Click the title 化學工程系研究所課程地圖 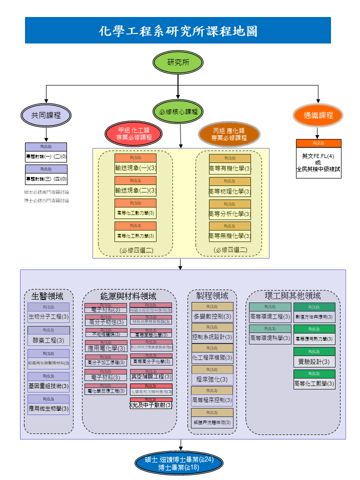click(178, 30)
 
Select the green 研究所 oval click(178, 62)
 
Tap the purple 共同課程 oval click(46, 115)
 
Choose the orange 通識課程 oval click(318, 115)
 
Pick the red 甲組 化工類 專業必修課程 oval click(134, 134)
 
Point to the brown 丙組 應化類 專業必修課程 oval click(229, 134)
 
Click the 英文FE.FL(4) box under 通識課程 click(318, 159)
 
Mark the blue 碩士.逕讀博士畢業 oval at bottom click(179, 463)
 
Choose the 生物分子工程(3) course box click(48, 313)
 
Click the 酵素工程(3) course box click(48, 336)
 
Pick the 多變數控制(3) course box click(212, 313)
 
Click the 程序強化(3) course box click(212, 375)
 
